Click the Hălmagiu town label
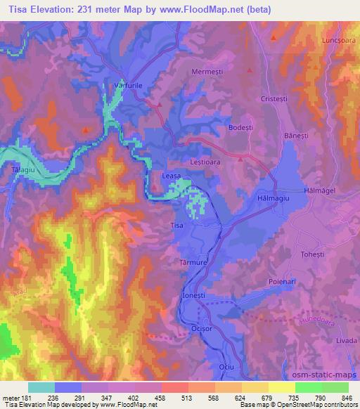tap(271, 200)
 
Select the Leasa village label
tap(172, 178)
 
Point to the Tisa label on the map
tap(177, 226)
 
